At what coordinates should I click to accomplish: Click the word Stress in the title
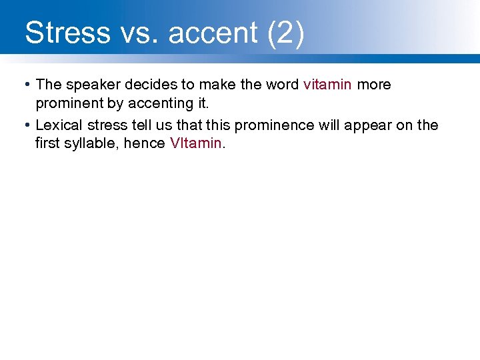point(67,33)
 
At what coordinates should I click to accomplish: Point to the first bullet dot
point(25,85)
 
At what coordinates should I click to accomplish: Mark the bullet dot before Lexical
point(25,125)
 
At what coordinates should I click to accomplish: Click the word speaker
point(90,85)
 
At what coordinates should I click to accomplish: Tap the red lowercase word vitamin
point(327,85)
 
